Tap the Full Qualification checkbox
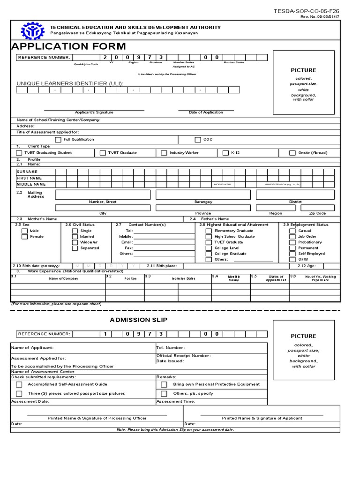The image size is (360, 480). [58, 140]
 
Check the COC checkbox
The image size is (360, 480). [197, 140]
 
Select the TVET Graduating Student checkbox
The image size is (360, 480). [19, 153]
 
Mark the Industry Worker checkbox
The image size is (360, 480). [164, 153]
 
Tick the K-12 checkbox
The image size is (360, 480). [225, 153]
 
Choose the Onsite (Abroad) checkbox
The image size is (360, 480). [292, 153]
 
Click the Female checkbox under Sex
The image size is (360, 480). [25, 237]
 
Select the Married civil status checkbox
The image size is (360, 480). [75, 237]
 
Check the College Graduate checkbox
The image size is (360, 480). [209, 254]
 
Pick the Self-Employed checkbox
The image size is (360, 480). [292, 254]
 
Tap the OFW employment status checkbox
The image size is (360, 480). [292, 259]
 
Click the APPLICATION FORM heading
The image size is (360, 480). [68, 46]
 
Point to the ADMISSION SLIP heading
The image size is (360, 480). [138, 320]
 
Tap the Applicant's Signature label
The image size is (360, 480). [94, 112]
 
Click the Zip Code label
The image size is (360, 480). [317, 213]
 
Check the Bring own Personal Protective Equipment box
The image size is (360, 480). [164, 384]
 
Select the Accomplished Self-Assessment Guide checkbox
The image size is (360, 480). [19, 384]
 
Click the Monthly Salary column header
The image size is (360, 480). [233, 278]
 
